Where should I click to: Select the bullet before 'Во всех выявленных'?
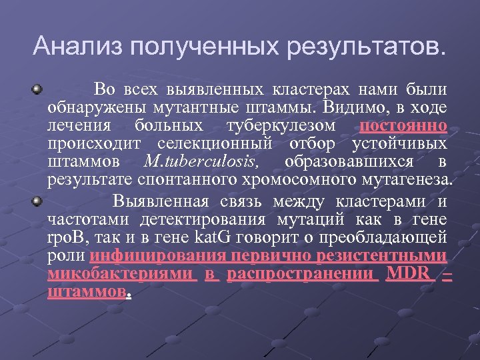click(x=39, y=88)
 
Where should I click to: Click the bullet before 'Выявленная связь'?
click(x=39, y=200)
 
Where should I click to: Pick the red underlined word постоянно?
click(x=403, y=125)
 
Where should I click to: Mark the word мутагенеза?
click(x=407, y=179)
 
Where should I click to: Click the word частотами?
click(x=81, y=219)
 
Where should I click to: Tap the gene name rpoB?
click(x=64, y=237)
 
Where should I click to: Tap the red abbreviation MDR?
click(x=408, y=274)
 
